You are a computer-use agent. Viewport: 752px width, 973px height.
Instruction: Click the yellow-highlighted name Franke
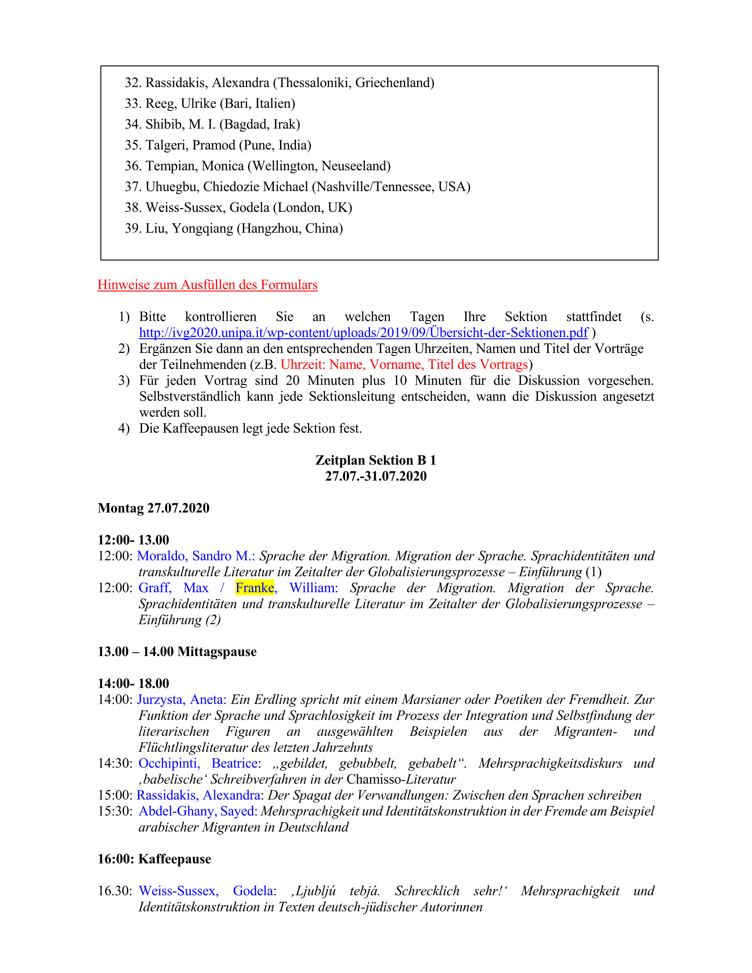click(x=254, y=588)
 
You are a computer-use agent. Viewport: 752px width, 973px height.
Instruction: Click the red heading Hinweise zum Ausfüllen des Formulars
click(x=207, y=285)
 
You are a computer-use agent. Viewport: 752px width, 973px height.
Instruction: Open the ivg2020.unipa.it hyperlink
click(x=364, y=332)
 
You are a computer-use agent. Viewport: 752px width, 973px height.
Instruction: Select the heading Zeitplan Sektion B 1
click(x=376, y=460)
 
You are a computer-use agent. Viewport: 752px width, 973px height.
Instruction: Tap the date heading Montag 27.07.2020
click(x=153, y=508)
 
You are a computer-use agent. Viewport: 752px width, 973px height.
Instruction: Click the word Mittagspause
click(x=217, y=651)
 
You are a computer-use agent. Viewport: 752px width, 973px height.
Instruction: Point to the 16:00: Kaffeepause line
click(x=154, y=859)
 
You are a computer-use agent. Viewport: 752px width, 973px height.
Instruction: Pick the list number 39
click(x=133, y=229)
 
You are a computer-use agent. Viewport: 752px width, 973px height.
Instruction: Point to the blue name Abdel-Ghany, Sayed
click(x=198, y=811)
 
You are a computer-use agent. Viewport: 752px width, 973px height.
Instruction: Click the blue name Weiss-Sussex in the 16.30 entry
click(x=179, y=891)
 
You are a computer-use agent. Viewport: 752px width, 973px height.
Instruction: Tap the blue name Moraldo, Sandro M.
click(x=196, y=556)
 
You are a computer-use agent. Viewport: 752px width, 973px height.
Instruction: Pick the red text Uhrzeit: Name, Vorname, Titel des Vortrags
click(x=404, y=364)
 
